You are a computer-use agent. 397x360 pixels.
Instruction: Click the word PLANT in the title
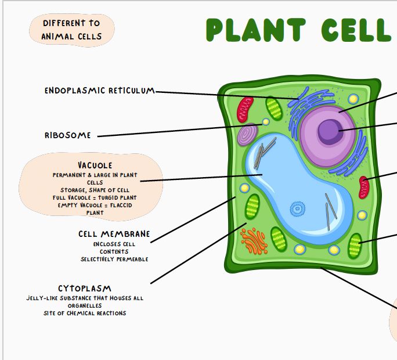pyautogui.click(x=255, y=30)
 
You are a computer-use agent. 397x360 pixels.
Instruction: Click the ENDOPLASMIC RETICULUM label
pyautogui.click(x=100, y=91)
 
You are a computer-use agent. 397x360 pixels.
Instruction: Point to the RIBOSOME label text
pyautogui.click(x=68, y=135)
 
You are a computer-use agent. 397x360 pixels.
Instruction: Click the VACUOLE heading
pyautogui.click(x=95, y=165)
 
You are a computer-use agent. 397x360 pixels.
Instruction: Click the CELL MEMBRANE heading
pyautogui.click(x=114, y=234)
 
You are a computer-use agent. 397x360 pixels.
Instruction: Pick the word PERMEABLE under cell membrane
pyautogui.click(x=131, y=259)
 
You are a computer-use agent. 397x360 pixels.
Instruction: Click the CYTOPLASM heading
pyautogui.click(x=85, y=289)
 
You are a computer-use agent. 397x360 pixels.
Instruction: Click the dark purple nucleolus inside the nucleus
pyautogui.click(x=329, y=130)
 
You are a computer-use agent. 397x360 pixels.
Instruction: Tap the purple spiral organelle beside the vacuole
pyautogui.click(x=248, y=135)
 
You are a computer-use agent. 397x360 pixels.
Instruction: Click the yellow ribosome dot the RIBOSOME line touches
pyautogui.click(x=266, y=122)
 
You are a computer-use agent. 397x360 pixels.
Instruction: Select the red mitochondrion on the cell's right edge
pyautogui.click(x=364, y=186)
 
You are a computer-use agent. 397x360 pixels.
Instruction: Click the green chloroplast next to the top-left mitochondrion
pyautogui.click(x=274, y=109)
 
